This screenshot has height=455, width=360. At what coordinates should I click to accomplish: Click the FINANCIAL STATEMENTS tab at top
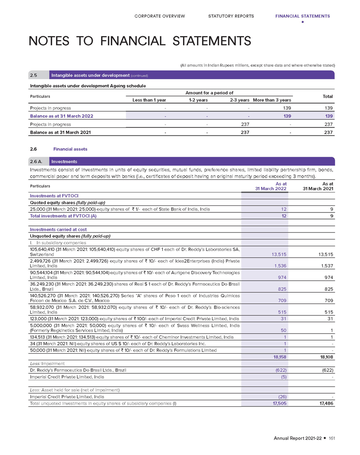pyautogui.click(x=302, y=16)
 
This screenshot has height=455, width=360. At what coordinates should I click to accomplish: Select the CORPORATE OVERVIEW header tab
pyautogui.click(x=160, y=16)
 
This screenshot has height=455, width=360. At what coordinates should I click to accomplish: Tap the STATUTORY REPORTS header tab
pyautogui.click(x=231, y=16)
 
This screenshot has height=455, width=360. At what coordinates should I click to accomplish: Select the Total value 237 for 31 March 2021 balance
pyautogui.click(x=328, y=132)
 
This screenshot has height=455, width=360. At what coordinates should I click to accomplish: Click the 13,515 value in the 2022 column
pyautogui.click(x=277, y=254)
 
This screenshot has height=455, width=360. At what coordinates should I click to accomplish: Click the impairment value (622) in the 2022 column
pyautogui.click(x=279, y=371)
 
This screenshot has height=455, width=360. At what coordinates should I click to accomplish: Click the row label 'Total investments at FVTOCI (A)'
pyautogui.click(x=63, y=216)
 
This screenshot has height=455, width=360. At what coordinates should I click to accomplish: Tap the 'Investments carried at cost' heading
pyautogui.click(x=58, y=229)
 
